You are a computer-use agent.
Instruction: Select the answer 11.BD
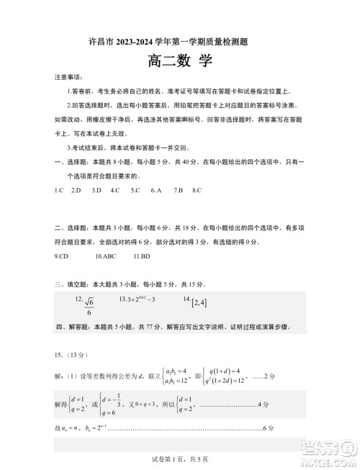141,256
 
